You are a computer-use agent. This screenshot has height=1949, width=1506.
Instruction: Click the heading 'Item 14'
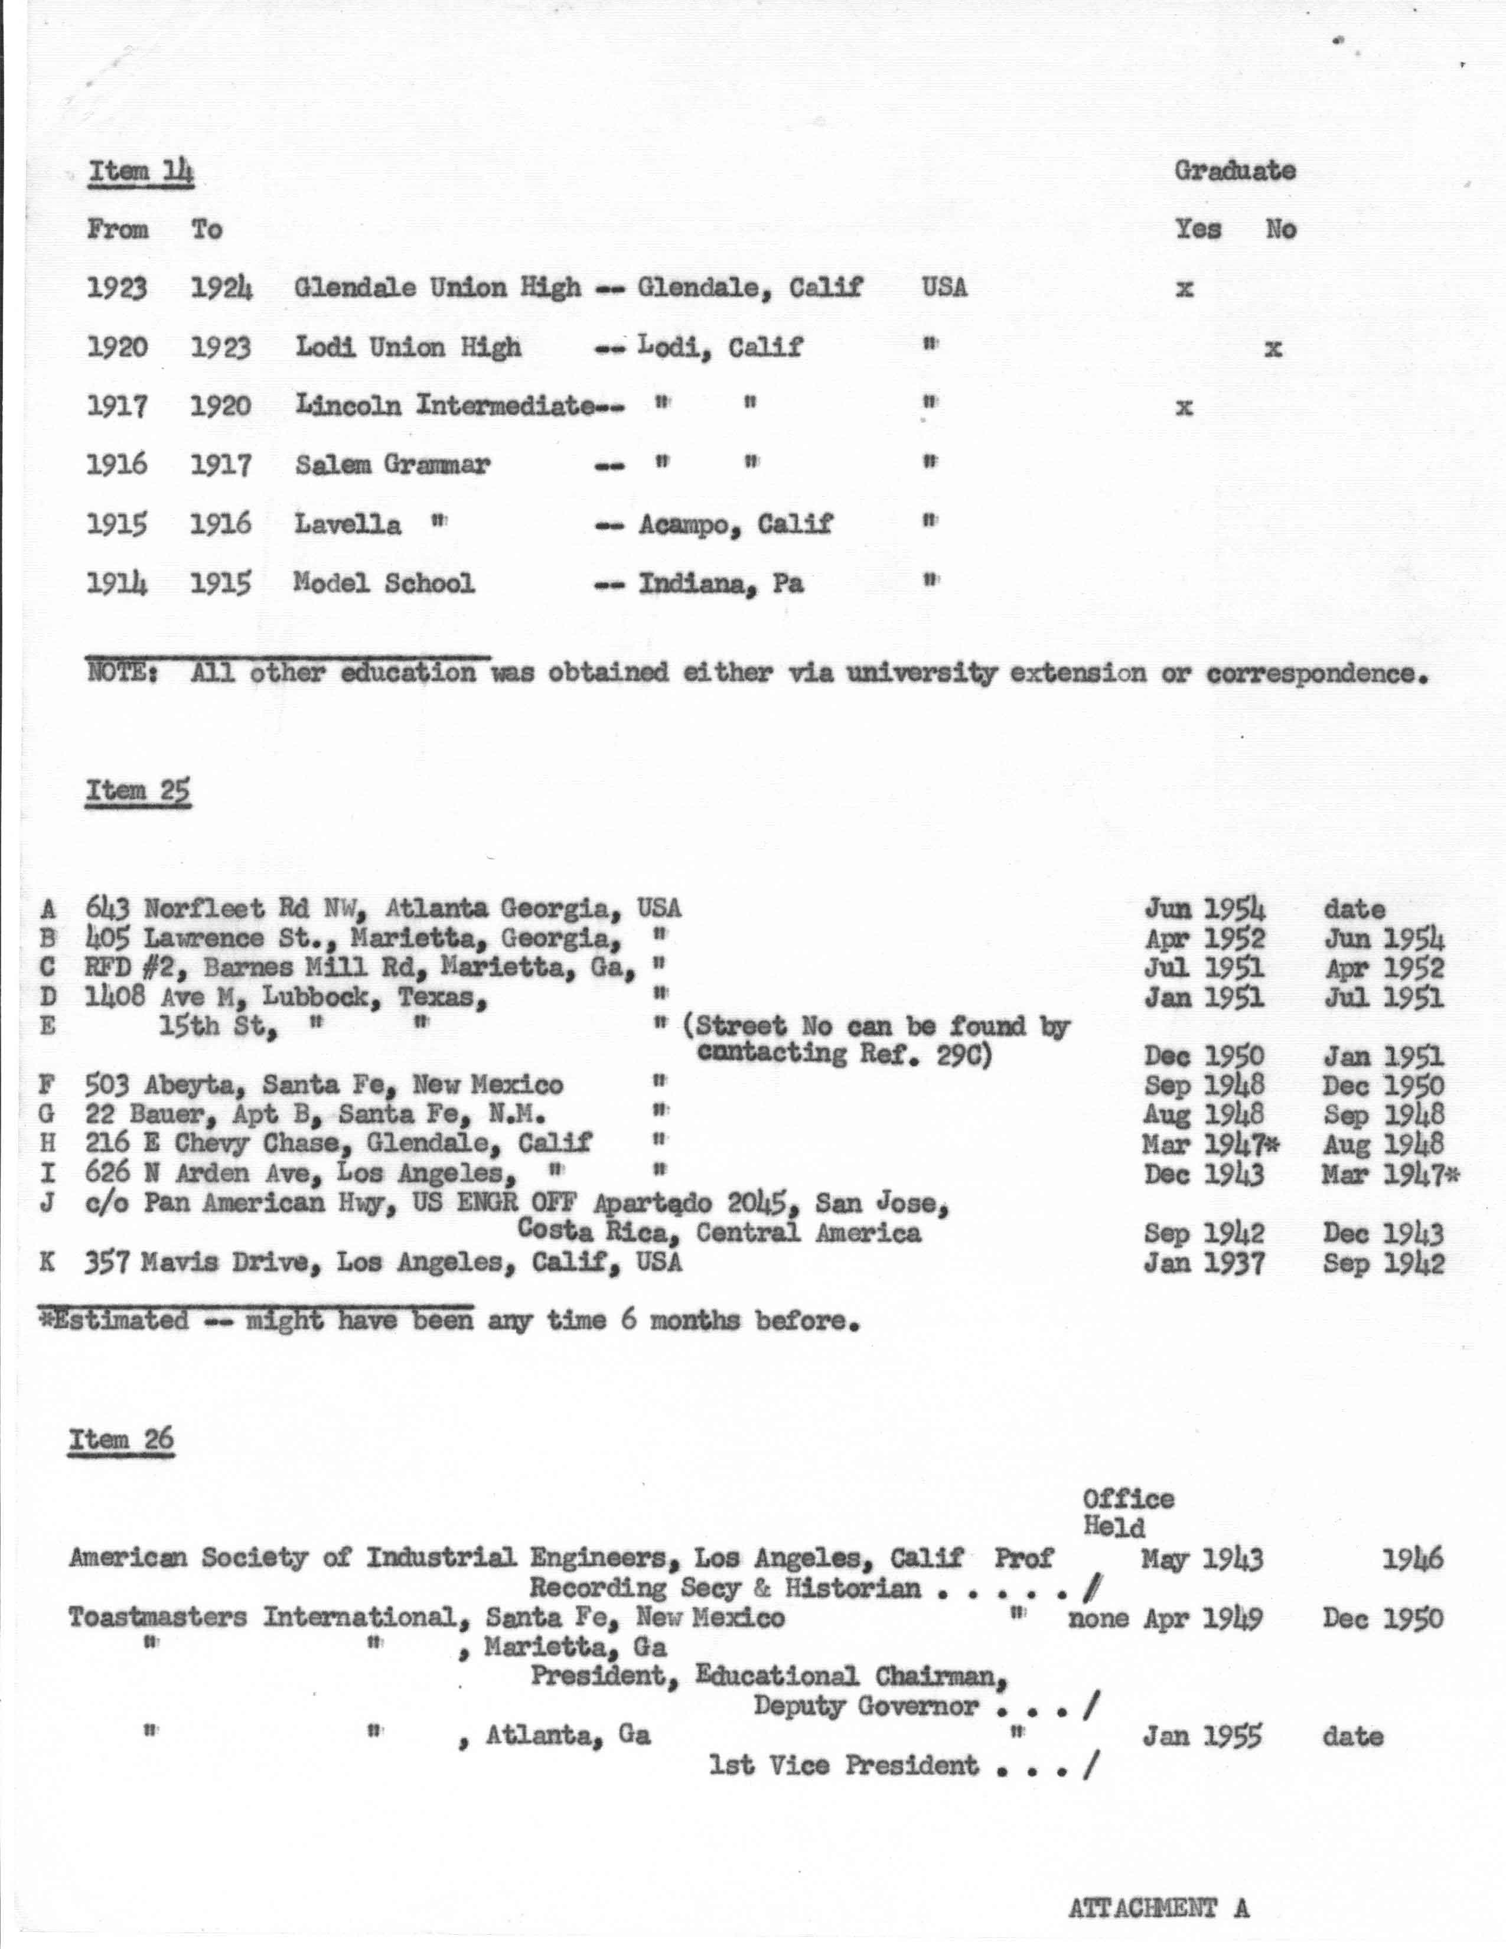[x=140, y=171]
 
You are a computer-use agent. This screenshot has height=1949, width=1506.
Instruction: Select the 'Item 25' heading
[x=138, y=791]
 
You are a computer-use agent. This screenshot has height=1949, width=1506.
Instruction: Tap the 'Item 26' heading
[x=121, y=1439]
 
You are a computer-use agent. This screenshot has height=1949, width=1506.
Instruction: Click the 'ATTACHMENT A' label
[x=1158, y=1909]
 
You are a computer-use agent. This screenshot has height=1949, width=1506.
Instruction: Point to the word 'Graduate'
[x=1234, y=171]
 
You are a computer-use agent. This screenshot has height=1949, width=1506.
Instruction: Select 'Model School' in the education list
[x=384, y=584]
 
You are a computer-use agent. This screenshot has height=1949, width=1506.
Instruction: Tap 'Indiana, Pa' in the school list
[x=720, y=584]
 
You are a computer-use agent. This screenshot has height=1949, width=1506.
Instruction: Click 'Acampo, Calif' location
[x=734, y=524]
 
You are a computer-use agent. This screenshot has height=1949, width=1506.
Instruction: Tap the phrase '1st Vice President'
[x=843, y=1765]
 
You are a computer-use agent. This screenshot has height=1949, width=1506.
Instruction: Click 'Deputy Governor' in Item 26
[x=865, y=1706]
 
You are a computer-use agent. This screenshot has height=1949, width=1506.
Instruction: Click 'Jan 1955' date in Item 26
[x=1202, y=1736]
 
